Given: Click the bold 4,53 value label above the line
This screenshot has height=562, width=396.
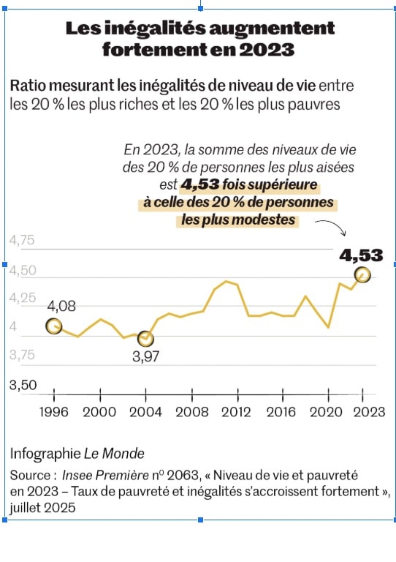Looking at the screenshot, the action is click(x=361, y=255).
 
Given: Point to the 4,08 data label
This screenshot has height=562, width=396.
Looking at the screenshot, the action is click(x=61, y=307).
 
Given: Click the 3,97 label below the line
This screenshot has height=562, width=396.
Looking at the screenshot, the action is click(x=145, y=356).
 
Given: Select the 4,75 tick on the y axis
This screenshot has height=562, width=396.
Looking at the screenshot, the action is click(x=22, y=240).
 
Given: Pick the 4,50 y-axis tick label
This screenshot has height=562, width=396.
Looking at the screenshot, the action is click(x=23, y=270).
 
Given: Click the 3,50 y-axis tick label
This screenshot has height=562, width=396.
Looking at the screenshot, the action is click(x=23, y=385).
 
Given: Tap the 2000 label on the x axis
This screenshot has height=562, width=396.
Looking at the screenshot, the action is click(x=99, y=412).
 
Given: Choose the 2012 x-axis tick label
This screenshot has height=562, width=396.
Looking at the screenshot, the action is click(x=236, y=412).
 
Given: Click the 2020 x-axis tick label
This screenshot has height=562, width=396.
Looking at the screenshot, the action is click(x=327, y=412).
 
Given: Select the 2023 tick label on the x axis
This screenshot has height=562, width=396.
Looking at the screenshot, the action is click(x=369, y=412).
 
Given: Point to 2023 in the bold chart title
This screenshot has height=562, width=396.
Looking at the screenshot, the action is click(x=267, y=50).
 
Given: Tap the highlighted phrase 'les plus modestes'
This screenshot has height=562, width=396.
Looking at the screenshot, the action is click(x=238, y=220).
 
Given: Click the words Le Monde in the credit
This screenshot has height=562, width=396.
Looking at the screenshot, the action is click(x=114, y=454).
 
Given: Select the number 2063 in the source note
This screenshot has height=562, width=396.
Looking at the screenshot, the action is click(x=183, y=475).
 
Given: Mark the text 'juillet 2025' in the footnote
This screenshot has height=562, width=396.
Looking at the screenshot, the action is click(x=42, y=508).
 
